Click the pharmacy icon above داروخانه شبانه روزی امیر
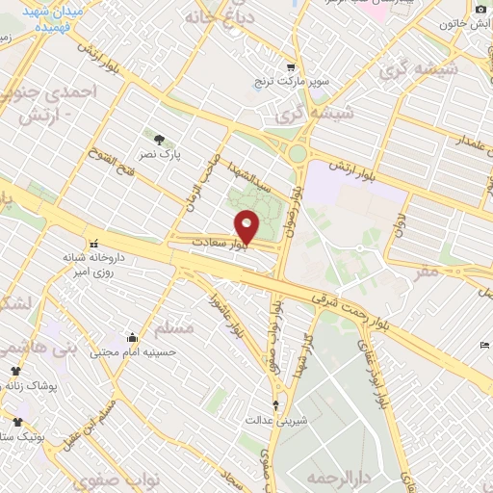(x=93, y=244)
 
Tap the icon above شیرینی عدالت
(x=277, y=404)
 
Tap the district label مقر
(x=424, y=272)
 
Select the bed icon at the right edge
(x=484, y=346)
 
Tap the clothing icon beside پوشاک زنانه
(x=15, y=371)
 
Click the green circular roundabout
(x=298, y=153)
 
